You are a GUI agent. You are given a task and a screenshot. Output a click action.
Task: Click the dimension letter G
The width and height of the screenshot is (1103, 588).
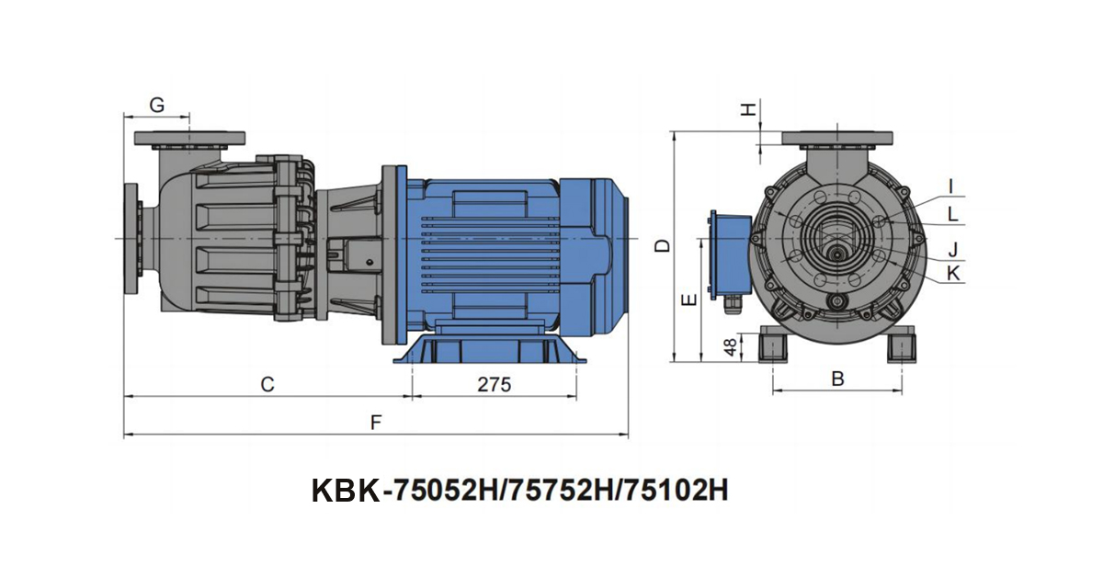(156, 105)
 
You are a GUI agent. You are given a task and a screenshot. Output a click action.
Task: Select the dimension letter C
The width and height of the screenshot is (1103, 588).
(267, 384)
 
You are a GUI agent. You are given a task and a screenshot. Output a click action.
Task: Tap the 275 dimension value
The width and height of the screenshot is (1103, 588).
(495, 384)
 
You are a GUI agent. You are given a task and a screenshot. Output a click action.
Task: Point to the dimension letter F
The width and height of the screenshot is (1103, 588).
(376, 423)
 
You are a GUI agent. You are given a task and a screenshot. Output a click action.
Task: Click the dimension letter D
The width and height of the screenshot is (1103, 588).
(664, 245)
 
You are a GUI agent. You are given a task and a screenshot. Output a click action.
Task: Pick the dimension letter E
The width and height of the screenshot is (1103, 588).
(690, 300)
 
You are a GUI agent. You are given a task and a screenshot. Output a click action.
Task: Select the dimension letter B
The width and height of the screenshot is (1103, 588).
(837, 379)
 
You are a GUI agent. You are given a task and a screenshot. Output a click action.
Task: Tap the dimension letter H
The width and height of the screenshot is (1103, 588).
(748, 109)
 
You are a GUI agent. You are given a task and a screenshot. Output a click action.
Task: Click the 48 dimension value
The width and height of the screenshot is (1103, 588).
(731, 347)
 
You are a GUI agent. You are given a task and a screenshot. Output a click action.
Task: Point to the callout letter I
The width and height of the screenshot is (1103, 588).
(951, 187)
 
